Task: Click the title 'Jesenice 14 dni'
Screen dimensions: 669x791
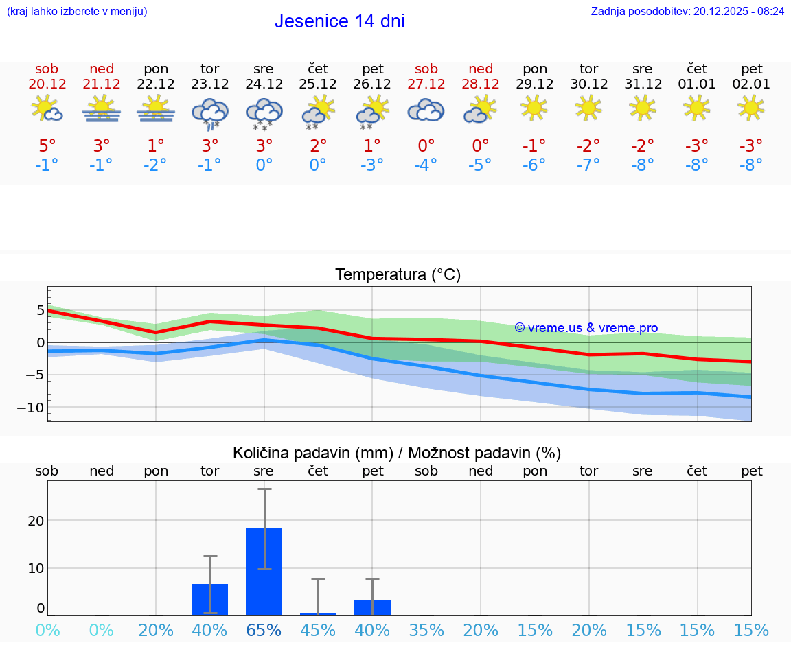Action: click(339, 21)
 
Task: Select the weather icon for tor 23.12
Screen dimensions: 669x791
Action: click(209, 113)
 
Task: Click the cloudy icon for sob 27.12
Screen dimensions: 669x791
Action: click(426, 110)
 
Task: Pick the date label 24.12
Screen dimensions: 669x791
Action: click(264, 84)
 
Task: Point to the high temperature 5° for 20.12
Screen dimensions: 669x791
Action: click(47, 145)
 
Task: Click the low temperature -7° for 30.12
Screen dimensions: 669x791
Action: click(588, 165)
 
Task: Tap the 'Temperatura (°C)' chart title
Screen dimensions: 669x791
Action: click(398, 275)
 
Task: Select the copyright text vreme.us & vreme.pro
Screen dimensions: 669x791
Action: click(586, 328)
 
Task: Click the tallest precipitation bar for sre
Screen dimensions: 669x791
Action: click(264, 572)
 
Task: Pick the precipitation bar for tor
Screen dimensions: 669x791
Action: click(209, 599)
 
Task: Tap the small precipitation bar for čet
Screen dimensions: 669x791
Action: click(318, 613)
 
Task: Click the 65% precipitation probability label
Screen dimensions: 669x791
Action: click(264, 631)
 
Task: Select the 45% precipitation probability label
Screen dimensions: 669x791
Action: click(318, 631)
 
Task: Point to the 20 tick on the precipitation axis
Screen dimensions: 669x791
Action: click(36, 521)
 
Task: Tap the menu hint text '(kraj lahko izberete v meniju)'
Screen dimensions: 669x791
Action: click(77, 11)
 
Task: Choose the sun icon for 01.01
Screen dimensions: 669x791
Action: click(697, 108)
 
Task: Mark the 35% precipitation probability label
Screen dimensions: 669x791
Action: click(426, 631)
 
